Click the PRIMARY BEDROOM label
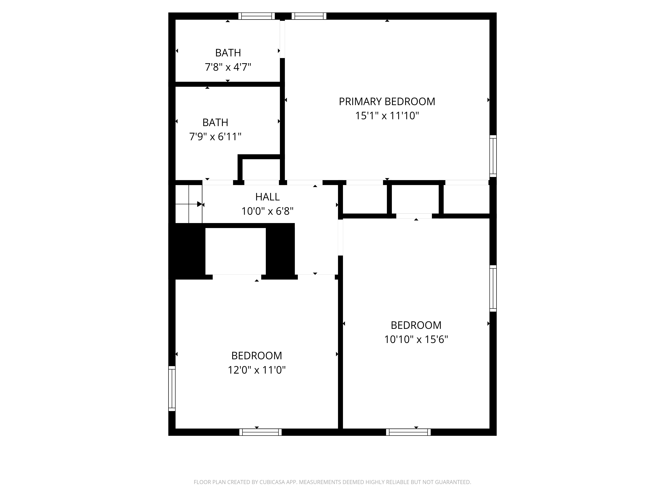(x=387, y=102)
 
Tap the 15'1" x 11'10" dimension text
(x=387, y=116)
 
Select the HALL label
(x=267, y=197)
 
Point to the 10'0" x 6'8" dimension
(x=267, y=211)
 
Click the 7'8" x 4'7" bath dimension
(x=228, y=67)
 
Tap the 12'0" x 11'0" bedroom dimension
(x=256, y=370)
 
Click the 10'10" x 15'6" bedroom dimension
(x=416, y=339)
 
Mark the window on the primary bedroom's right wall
(x=493, y=156)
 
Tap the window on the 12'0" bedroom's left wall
(x=172, y=388)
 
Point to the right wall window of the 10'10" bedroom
(x=493, y=288)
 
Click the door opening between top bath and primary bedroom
(x=282, y=39)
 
